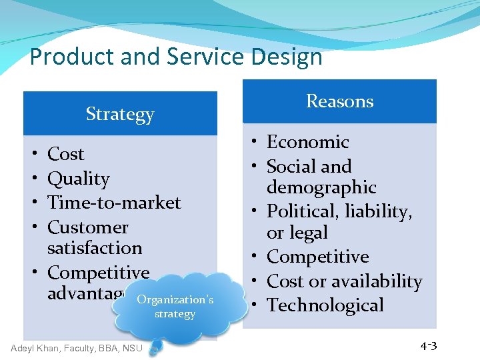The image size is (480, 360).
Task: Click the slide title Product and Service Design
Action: tap(176, 57)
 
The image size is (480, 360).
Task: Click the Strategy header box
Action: tap(120, 114)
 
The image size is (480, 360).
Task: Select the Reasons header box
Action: tap(339, 101)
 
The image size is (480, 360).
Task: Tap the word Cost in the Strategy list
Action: tap(66, 154)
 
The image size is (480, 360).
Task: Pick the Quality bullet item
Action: tap(79, 179)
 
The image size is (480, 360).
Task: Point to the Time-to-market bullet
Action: tap(114, 203)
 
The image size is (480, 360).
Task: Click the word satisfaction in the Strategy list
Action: tap(95, 248)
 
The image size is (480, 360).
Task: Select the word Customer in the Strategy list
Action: tap(87, 227)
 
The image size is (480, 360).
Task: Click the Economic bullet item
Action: tap(307, 142)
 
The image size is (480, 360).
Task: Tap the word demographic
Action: tap(321, 187)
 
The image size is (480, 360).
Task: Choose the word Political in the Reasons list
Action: tap(297, 211)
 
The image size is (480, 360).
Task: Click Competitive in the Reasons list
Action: tap(317, 257)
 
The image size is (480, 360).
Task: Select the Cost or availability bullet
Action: tap(344, 281)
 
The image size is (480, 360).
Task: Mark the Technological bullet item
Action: tap(325, 305)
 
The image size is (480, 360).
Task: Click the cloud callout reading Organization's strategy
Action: tap(175, 307)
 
